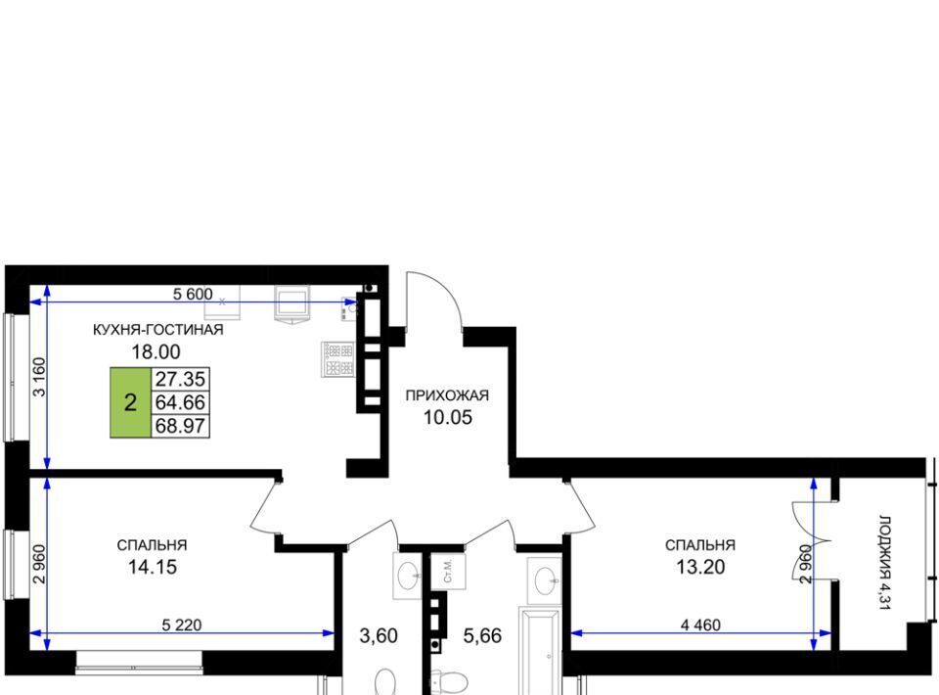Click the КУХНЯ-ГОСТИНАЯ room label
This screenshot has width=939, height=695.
click(x=158, y=330)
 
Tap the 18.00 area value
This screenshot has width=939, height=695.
click(x=156, y=351)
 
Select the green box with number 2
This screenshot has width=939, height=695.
click(x=130, y=402)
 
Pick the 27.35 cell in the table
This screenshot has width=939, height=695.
click(x=180, y=379)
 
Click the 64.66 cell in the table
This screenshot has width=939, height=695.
click(x=180, y=402)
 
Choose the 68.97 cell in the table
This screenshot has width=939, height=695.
click(x=180, y=426)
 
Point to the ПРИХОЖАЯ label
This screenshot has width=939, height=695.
click(x=447, y=395)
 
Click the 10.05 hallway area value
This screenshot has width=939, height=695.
click(x=448, y=417)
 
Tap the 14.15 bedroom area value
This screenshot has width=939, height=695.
click(x=153, y=567)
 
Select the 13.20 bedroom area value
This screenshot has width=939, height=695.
click(x=700, y=567)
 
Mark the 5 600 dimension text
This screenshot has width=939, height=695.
click(x=193, y=295)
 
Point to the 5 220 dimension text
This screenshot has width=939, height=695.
click(x=182, y=625)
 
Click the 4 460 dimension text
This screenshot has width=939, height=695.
click(x=700, y=625)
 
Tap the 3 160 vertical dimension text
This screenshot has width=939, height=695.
click(x=39, y=377)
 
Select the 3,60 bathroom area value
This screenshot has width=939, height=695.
click(x=379, y=635)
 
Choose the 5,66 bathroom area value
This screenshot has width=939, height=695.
click(x=482, y=635)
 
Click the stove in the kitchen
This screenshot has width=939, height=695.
click(x=339, y=359)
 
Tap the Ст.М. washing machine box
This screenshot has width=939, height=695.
click(x=449, y=572)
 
